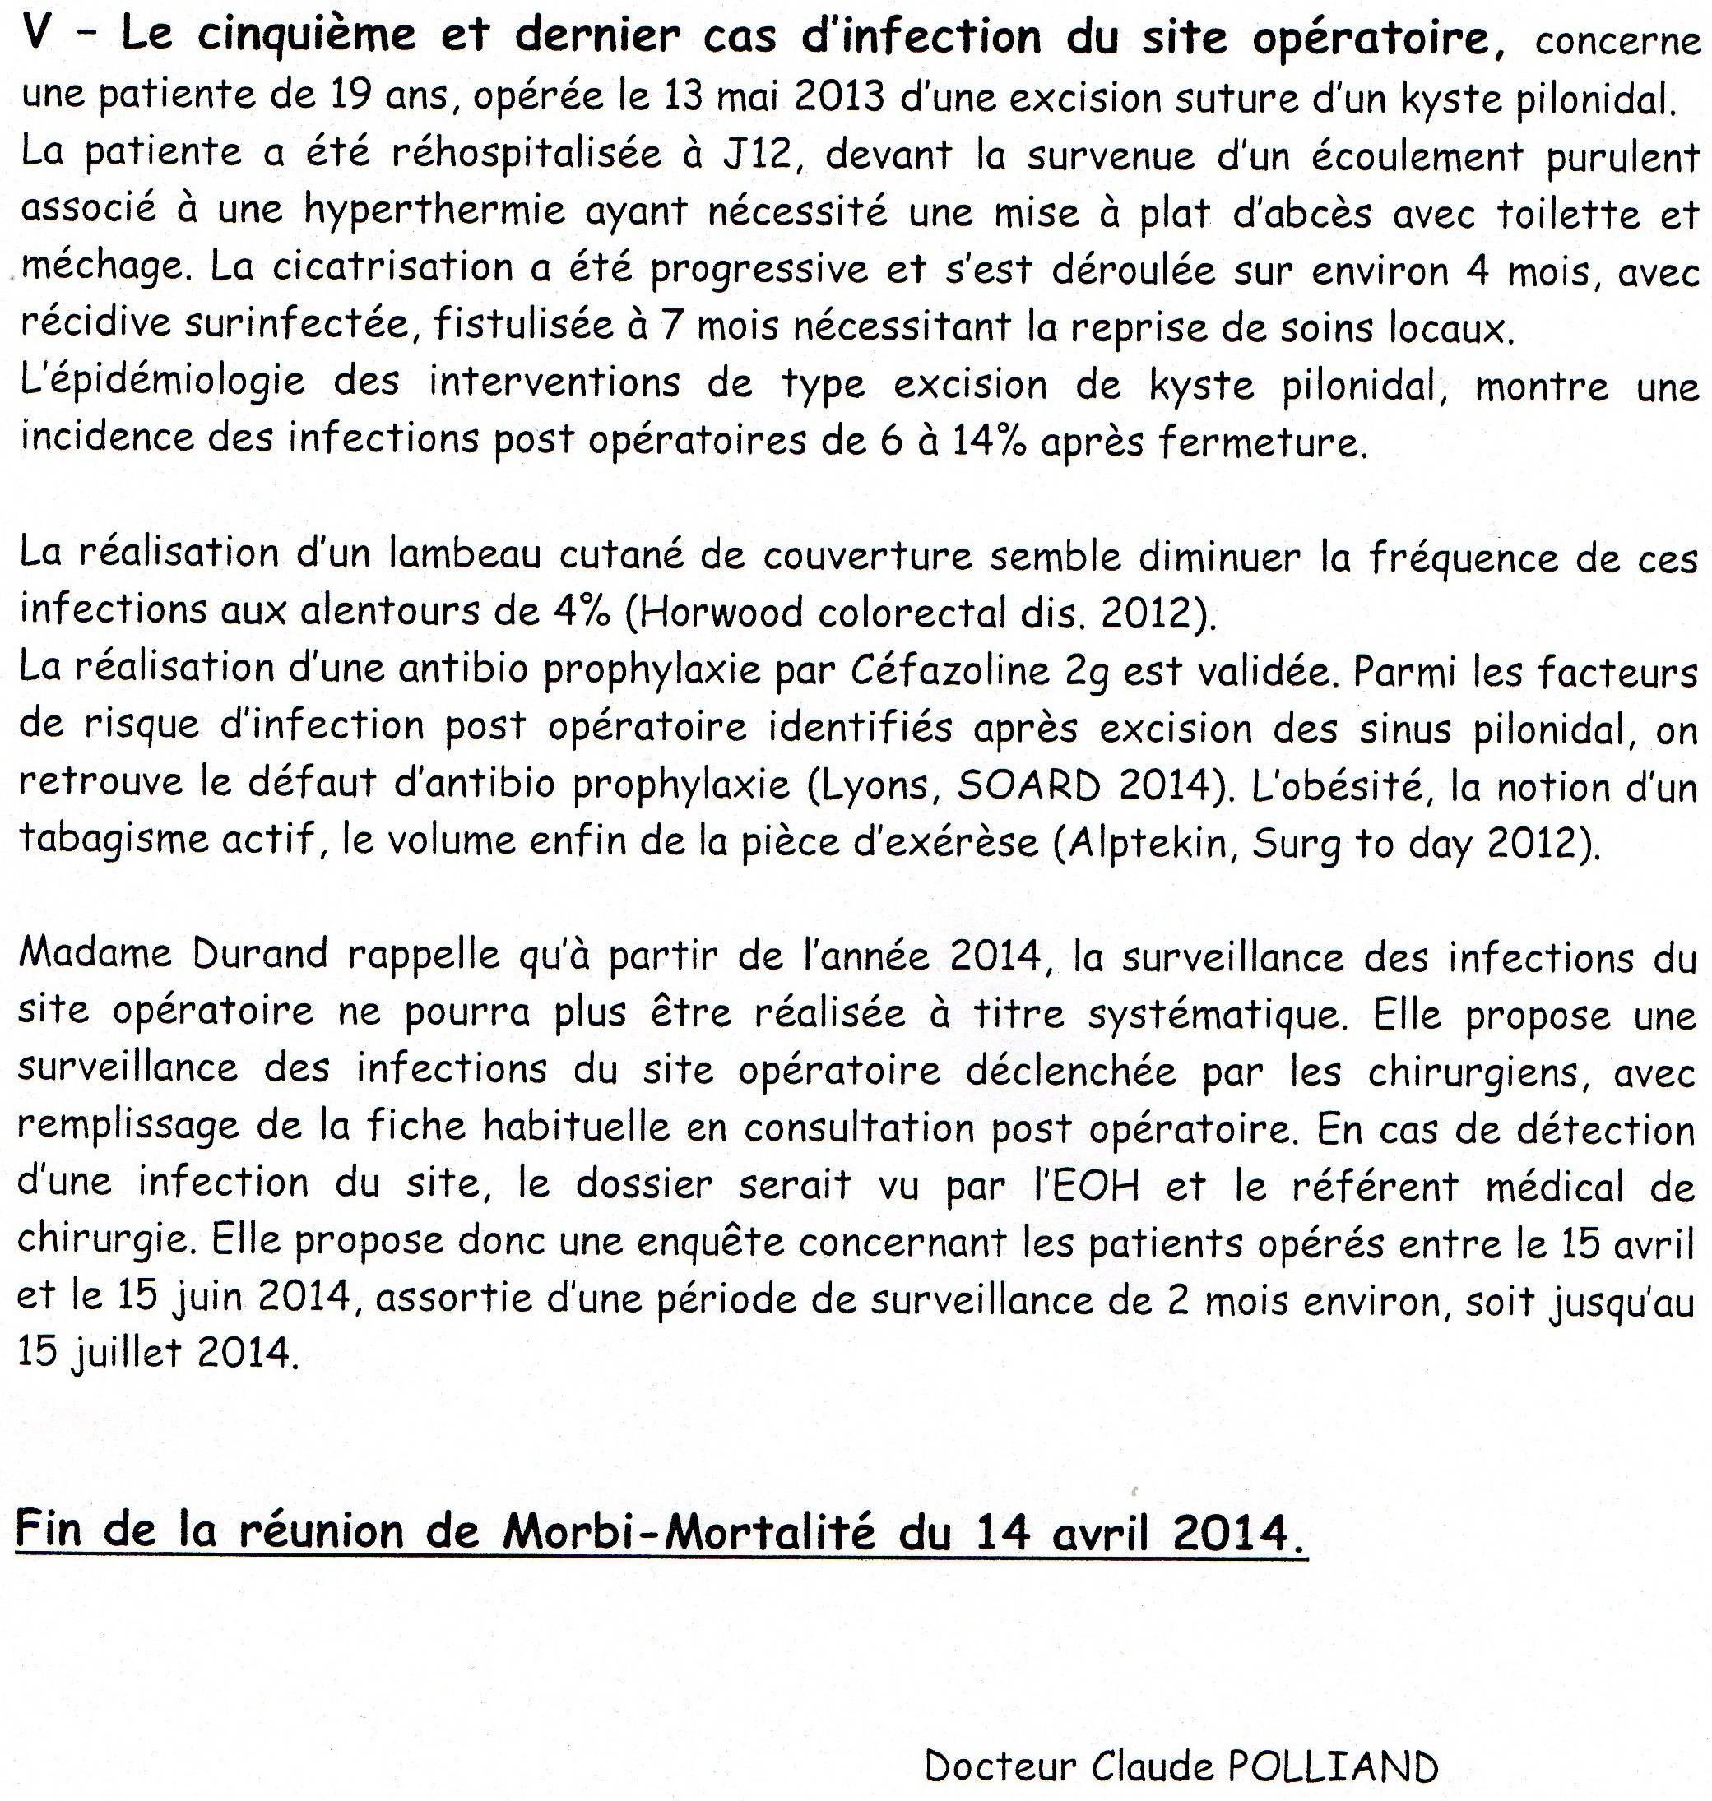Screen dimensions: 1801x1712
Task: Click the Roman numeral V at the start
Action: tap(37, 36)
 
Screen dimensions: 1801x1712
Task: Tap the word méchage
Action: tap(100, 268)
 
